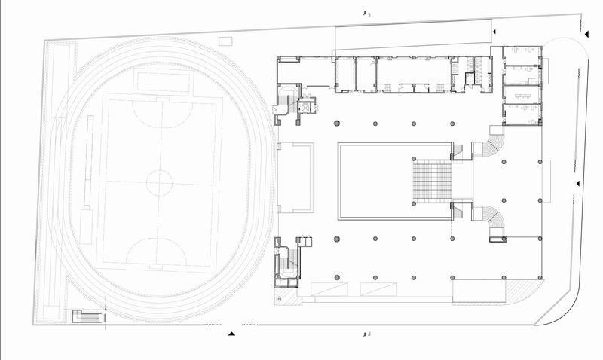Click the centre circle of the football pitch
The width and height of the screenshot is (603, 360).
point(159,183)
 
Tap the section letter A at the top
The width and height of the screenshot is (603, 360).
point(365,14)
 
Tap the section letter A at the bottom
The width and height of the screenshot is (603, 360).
point(365,334)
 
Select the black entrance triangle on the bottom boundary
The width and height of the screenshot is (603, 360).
point(231,334)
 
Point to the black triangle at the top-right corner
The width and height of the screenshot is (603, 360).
point(587,35)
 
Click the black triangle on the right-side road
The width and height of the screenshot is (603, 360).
point(577,184)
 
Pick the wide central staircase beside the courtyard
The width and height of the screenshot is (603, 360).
point(432,181)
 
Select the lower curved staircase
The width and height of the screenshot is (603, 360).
point(493,221)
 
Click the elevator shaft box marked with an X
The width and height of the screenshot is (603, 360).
point(305,108)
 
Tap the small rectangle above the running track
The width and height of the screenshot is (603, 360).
point(225,41)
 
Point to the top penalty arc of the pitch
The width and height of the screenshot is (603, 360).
point(162,113)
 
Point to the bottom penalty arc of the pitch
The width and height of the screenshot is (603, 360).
point(157,252)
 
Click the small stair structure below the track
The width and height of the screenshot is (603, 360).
point(88,316)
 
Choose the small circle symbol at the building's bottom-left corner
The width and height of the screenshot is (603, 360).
point(279,298)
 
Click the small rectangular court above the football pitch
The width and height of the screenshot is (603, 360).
point(163,81)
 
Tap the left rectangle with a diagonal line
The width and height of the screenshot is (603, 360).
point(329,289)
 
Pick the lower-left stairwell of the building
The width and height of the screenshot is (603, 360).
point(287,262)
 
